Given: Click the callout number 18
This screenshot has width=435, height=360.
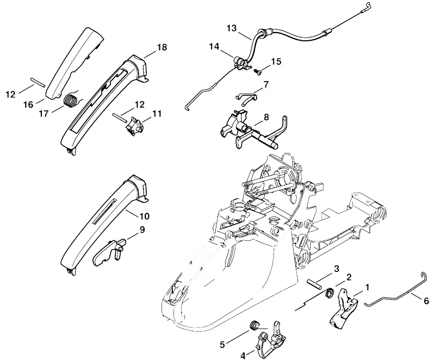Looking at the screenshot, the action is (162, 47).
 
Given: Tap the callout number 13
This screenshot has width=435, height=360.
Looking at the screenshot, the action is (232, 28).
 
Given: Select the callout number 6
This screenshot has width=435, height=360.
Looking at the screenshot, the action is (426, 301).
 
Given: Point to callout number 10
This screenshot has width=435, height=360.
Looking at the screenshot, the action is (144, 216).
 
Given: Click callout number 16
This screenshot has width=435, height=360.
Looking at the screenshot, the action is (28, 104).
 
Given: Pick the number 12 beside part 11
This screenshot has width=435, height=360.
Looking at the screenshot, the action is (140, 104).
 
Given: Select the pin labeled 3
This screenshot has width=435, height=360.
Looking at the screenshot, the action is (314, 285).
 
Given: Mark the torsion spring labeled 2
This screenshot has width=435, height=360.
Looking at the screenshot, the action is (330, 293).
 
